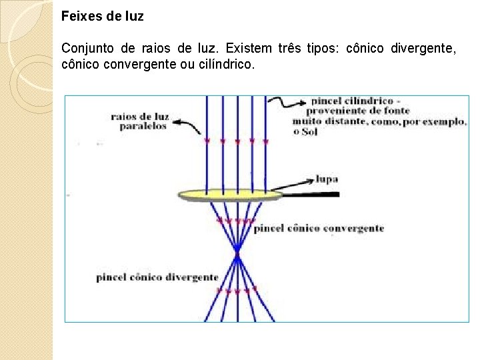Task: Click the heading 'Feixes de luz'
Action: (102, 16)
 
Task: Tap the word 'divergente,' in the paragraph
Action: (424, 49)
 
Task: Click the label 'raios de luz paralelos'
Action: (140, 121)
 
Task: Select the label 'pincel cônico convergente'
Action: (319, 229)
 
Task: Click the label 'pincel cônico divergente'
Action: (157, 277)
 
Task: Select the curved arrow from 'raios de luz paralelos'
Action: (187, 127)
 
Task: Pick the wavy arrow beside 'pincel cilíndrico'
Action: (291, 102)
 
